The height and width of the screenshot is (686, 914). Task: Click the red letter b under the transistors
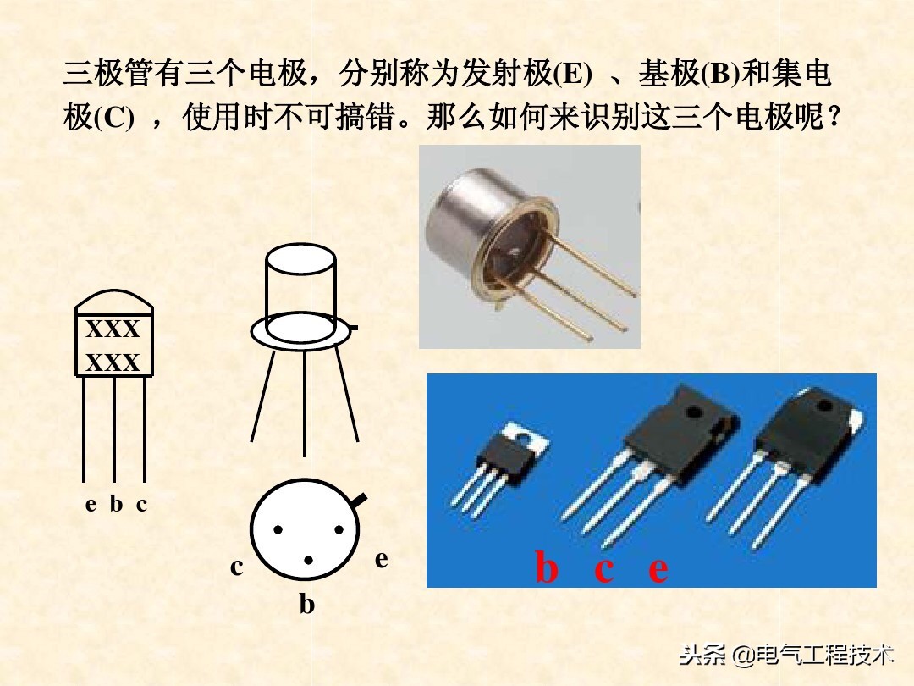547,568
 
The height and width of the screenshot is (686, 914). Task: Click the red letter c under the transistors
603,570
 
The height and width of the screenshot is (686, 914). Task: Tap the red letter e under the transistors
658,570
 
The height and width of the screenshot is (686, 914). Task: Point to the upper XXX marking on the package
113,329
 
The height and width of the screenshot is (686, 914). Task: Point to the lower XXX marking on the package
113,363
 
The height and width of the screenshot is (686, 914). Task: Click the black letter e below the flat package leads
91,505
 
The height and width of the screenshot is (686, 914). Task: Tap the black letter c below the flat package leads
141,505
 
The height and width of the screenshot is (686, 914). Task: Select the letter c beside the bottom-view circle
237,567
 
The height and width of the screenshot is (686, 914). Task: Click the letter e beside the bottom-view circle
382,559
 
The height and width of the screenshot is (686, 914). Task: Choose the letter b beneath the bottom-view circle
306,605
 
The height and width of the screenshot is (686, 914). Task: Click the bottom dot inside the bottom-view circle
309,560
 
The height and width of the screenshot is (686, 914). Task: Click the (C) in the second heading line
112,118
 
